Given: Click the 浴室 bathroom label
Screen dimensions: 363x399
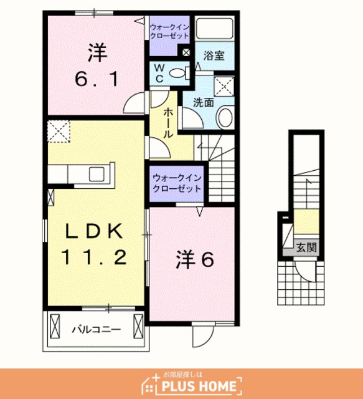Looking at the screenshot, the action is [214, 55].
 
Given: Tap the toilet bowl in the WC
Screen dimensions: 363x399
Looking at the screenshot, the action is [177, 74].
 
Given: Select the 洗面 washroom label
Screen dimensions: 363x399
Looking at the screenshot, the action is [204, 102].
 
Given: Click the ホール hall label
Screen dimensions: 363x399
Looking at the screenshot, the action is [167, 123].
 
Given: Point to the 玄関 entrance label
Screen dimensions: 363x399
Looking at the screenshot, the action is [306, 247].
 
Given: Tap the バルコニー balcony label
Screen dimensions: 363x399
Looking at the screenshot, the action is [97, 330].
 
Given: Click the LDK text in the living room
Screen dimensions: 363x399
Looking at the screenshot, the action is [94, 231].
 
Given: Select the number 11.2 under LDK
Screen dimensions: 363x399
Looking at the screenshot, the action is [94, 257].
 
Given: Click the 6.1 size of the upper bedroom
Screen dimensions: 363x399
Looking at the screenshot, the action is [97, 79].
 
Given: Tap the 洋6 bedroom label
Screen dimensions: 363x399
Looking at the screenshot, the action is [195, 260].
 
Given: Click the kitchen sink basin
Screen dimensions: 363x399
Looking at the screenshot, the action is [97, 175].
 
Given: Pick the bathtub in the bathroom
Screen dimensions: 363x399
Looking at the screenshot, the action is [215, 28].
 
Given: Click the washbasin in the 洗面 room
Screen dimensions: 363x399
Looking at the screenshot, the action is [225, 118].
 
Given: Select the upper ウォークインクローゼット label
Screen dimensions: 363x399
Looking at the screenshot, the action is [169, 31].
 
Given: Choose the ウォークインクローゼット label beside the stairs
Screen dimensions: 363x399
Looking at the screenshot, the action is [177, 183].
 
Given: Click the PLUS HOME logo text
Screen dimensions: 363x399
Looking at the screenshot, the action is [199, 386].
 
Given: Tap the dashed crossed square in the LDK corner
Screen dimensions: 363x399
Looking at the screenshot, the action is [59, 132].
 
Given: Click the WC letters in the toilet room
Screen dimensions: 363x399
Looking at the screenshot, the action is [159, 74].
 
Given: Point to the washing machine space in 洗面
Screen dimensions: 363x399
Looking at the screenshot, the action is [224, 86].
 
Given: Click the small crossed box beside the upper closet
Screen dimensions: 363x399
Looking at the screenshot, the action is [186, 52].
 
